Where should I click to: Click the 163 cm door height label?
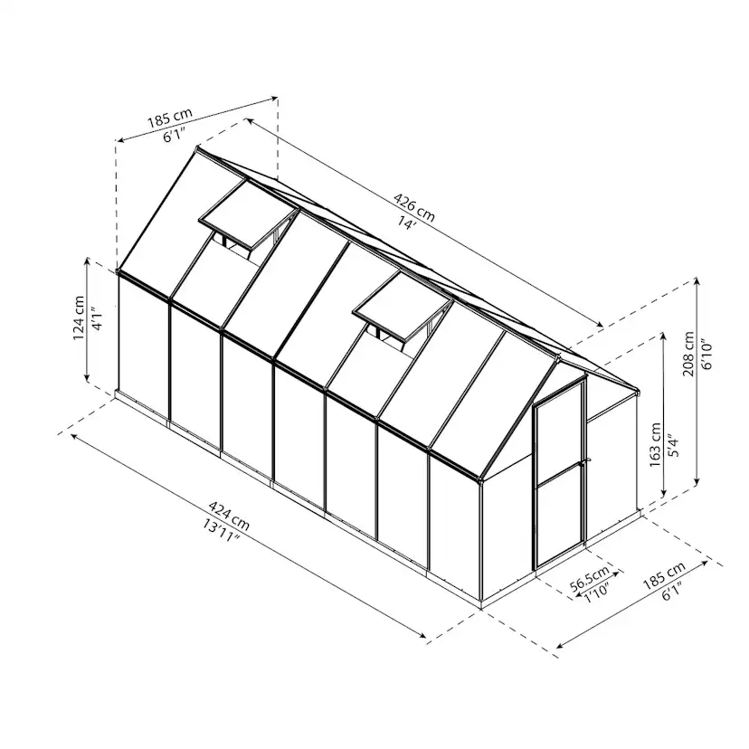point(655,444)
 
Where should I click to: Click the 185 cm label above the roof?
point(171,119)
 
